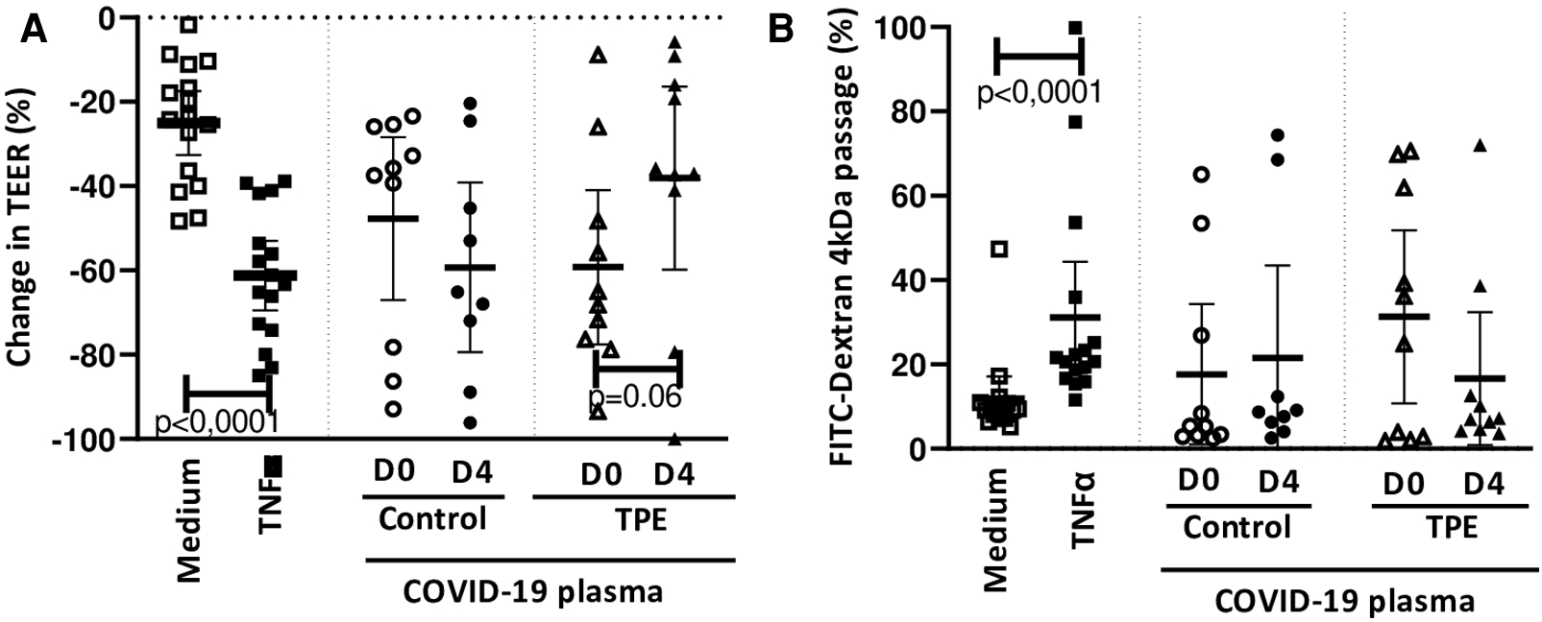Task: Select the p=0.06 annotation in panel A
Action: pyautogui.click(x=635, y=398)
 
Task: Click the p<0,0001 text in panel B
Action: pyautogui.click(x=1039, y=94)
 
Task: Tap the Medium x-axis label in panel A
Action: pyautogui.click(x=189, y=520)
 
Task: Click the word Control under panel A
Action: pyautogui.click(x=432, y=519)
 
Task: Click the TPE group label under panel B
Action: pyautogui.click(x=1452, y=527)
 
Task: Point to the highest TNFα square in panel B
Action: pyautogui.click(x=1075, y=28)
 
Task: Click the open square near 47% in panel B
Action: pyautogui.click(x=999, y=250)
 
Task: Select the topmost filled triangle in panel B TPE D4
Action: pyautogui.click(x=1481, y=146)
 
